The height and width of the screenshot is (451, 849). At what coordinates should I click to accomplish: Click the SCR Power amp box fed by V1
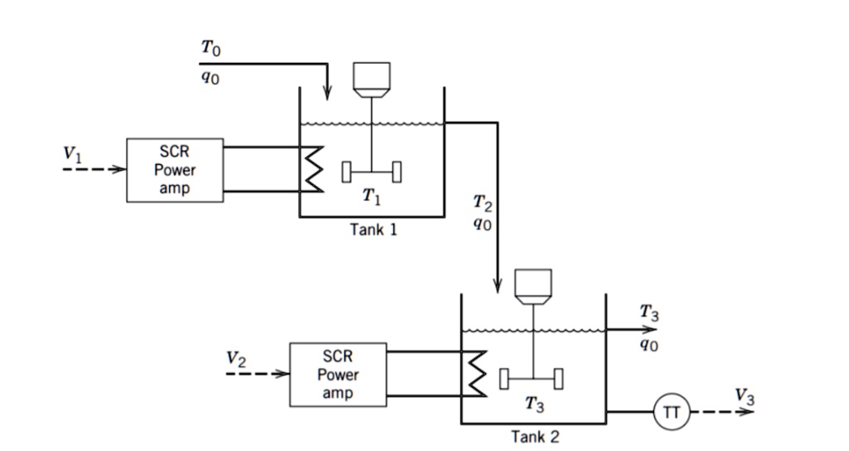click(x=175, y=170)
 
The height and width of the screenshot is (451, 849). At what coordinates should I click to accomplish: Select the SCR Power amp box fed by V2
click(x=337, y=374)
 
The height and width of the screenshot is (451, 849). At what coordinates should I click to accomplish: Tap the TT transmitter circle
click(x=672, y=412)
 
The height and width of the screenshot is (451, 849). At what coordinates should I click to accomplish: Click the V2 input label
click(x=236, y=359)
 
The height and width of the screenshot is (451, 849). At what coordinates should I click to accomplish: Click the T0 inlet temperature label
click(x=211, y=51)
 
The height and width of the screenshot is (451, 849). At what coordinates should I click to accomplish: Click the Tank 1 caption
click(x=373, y=230)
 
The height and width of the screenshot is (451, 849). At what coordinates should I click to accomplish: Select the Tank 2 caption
click(x=535, y=436)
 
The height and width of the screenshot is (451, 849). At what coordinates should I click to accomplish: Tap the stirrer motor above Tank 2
click(x=534, y=284)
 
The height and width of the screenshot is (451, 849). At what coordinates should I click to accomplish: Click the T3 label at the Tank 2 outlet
click(x=650, y=313)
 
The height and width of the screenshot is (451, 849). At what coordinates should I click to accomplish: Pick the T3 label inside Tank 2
click(x=535, y=405)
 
